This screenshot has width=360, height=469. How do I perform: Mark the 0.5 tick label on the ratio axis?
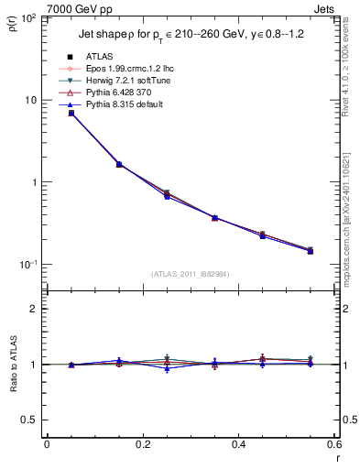[x=29, y=420]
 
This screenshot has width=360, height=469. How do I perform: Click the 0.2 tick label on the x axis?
[x=143, y=446]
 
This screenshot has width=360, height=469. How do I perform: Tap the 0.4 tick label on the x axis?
[x=239, y=446]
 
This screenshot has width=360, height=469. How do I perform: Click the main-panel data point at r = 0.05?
[x=71, y=113]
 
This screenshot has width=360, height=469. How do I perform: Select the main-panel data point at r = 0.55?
[x=311, y=250]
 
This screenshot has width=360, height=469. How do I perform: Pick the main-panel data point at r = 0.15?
[x=119, y=164]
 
